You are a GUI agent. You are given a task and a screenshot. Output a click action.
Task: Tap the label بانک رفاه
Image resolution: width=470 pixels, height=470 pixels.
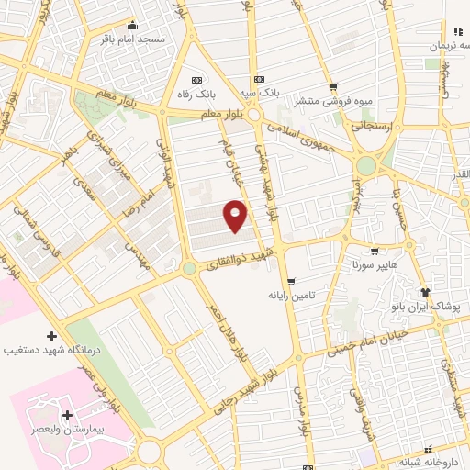point(202,94)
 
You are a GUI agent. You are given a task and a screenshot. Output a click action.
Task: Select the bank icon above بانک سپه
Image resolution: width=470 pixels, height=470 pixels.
point(260,78)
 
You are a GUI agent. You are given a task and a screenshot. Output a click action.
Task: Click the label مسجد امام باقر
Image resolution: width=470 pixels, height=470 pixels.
point(132,40)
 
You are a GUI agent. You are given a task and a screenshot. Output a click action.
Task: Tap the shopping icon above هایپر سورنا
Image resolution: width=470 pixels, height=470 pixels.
point(373,251)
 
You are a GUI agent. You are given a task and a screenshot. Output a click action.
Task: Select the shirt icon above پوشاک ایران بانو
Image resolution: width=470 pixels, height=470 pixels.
point(425,291)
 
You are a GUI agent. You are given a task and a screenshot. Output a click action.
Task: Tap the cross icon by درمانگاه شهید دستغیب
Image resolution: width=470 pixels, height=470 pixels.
point(51,336)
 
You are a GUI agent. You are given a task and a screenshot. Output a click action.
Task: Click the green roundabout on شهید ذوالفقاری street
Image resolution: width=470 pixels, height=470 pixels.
point(189,268)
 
